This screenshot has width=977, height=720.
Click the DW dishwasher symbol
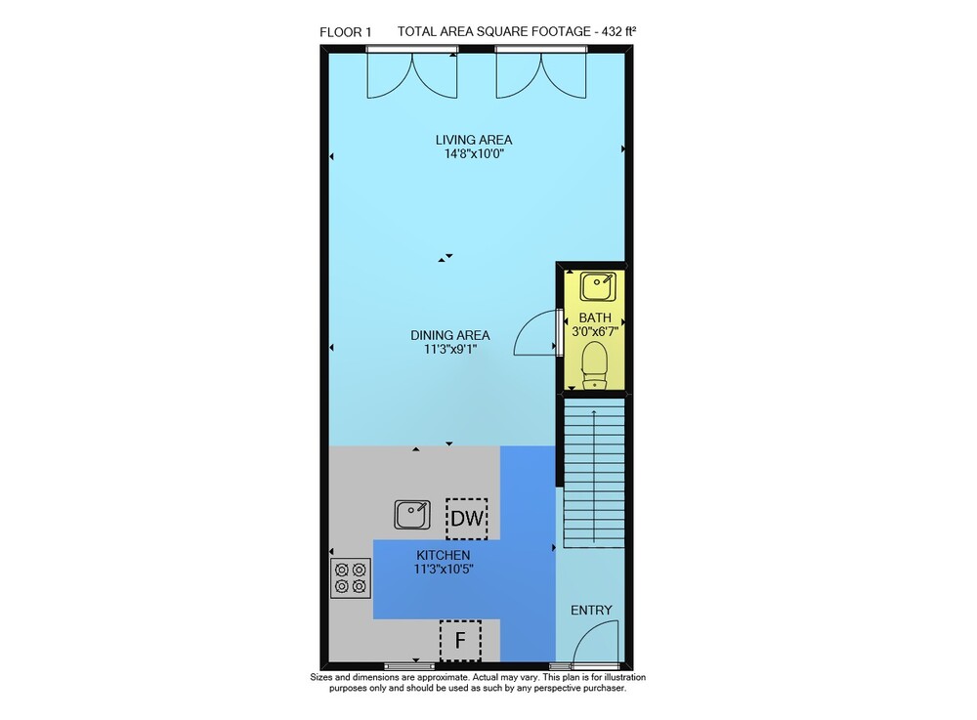[467, 518]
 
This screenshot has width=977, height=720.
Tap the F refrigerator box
[460, 640]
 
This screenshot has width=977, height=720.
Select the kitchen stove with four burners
[350, 578]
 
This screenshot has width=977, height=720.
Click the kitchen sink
[412, 515]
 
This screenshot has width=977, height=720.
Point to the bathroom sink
[598, 287]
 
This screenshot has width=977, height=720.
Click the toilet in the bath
[594, 365]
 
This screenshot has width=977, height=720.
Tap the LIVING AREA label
[474, 140]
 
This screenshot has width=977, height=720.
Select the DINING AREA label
[449, 335]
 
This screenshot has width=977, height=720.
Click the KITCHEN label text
[443, 555]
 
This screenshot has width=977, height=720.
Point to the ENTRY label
[591, 611]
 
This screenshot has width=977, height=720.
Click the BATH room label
[595, 318]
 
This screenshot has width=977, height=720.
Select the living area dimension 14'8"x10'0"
[474, 154]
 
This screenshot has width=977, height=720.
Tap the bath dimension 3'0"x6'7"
[595, 332]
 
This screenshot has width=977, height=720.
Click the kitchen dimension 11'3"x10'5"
[443, 570]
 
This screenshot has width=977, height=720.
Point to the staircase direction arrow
[594, 476]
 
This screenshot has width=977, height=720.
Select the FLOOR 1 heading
[345, 32]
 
